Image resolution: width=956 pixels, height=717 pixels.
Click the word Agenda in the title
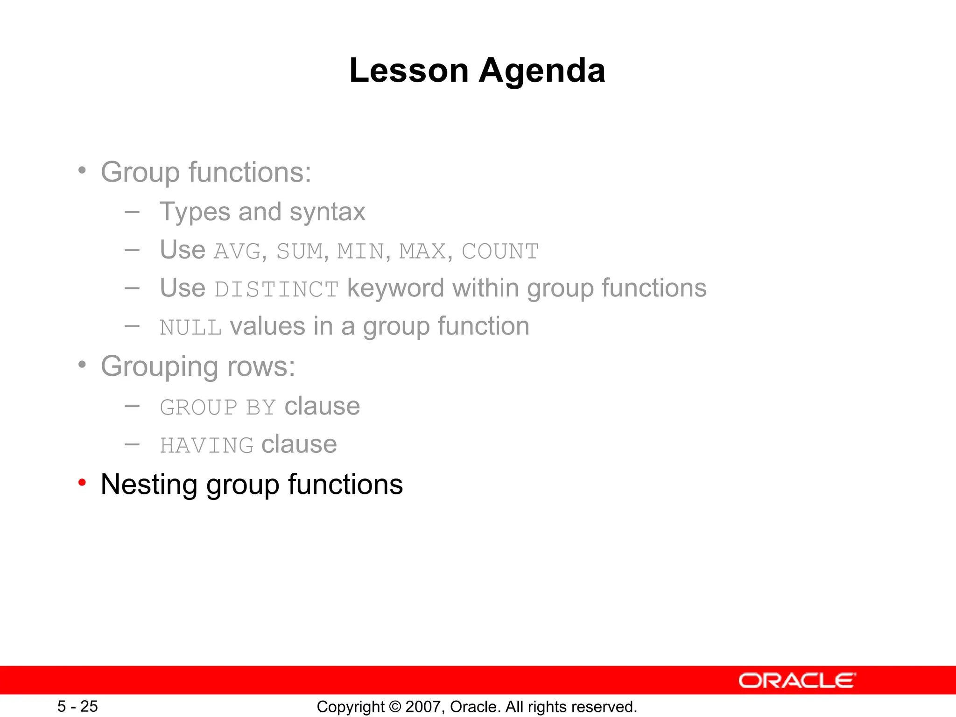(542, 70)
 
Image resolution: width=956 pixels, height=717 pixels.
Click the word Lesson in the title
(409, 70)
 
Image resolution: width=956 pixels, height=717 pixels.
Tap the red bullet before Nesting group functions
(82, 482)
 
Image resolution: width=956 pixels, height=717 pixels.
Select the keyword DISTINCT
(276, 289)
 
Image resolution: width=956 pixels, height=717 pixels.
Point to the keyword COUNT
(500, 252)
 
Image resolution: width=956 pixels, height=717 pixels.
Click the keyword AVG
(237, 252)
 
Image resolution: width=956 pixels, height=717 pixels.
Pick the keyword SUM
(300, 252)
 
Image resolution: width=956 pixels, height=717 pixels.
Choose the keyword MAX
(422, 252)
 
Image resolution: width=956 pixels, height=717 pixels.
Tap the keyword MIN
(360, 252)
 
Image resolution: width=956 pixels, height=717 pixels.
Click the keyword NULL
(190, 328)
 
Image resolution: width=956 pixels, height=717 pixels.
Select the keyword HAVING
(206, 445)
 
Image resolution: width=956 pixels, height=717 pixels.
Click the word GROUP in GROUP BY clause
(198, 408)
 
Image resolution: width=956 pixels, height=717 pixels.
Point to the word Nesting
(149, 485)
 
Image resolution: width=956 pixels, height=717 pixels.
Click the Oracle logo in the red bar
(797, 681)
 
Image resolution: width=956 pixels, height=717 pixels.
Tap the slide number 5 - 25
(77, 706)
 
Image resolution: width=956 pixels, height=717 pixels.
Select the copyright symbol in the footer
(395, 707)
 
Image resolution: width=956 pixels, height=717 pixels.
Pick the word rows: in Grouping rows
(261, 366)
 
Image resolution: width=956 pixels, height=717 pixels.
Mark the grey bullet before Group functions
(82, 170)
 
